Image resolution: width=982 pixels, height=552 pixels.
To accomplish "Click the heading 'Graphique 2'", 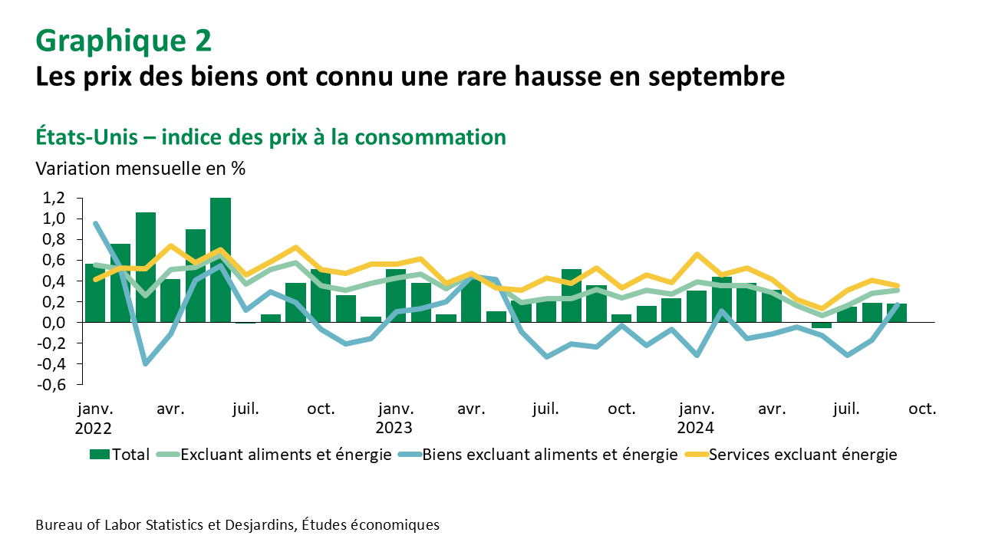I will (124, 41).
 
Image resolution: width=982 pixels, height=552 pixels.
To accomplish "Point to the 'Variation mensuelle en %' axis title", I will (140, 169).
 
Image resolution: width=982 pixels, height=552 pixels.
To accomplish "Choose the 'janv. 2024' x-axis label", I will (696, 418).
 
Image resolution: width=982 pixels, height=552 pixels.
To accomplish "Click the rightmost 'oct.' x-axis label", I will (922, 409).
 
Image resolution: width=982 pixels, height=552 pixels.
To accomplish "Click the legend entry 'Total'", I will (120, 455).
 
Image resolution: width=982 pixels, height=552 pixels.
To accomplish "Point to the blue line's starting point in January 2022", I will (95, 224).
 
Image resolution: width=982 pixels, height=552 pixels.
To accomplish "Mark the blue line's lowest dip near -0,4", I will (145, 363).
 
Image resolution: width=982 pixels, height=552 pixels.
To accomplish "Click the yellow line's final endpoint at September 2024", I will (896, 285).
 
